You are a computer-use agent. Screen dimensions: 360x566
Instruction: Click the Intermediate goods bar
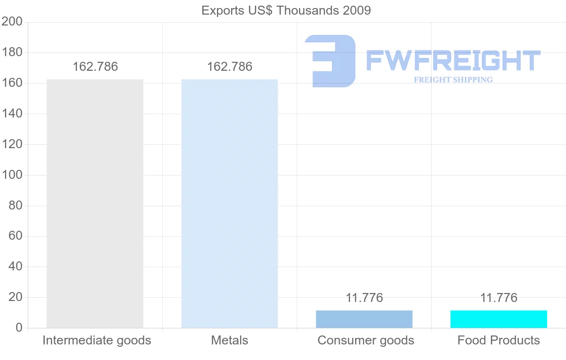[x=95, y=203]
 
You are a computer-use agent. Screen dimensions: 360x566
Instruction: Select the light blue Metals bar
[x=230, y=203]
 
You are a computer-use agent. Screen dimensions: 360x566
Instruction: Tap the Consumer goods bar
[x=364, y=319]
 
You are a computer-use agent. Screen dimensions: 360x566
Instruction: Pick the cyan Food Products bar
[x=499, y=319]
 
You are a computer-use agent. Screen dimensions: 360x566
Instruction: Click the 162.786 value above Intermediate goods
[x=95, y=67]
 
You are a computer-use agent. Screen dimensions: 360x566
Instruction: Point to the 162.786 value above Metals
[x=230, y=67]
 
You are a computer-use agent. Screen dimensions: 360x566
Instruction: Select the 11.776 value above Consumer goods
[x=364, y=298]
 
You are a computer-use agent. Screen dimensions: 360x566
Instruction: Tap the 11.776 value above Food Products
[x=499, y=298]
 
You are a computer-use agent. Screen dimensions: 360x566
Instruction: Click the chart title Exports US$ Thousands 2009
[x=286, y=10]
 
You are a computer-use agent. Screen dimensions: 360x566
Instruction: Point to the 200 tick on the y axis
[x=12, y=22]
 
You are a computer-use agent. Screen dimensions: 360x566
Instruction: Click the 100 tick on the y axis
[x=12, y=175]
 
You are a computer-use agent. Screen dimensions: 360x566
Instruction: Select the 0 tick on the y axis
[x=19, y=328]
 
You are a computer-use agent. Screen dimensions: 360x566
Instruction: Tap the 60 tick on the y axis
[x=16, y=236]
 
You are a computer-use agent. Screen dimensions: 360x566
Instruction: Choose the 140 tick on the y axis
[x=12, y=114]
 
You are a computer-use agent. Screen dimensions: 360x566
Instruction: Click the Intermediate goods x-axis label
[x=97, y=340]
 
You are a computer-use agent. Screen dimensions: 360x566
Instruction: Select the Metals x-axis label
[x=230, y=340]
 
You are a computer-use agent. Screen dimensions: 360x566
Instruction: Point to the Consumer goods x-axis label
[x=366, y=340]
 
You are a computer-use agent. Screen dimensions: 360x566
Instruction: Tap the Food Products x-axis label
[x=499, y=340]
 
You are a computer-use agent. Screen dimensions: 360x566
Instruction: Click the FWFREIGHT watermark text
[x=453, y=60]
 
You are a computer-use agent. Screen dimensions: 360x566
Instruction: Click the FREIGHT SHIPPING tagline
[x=453, y=80]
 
